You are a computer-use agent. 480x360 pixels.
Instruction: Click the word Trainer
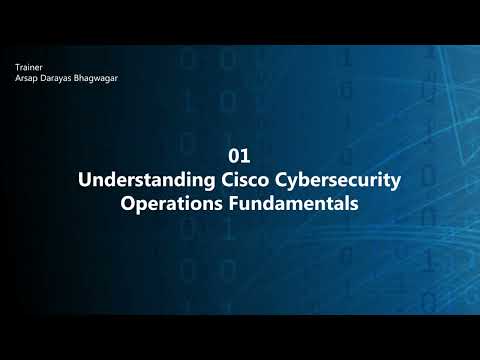[x=28, y=67]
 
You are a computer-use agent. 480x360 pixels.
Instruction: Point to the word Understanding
[x=139, y=181]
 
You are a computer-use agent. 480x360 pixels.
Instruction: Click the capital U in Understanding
[x=84, y=181]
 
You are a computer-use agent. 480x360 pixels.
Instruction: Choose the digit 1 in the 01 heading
[x=244, y=157]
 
